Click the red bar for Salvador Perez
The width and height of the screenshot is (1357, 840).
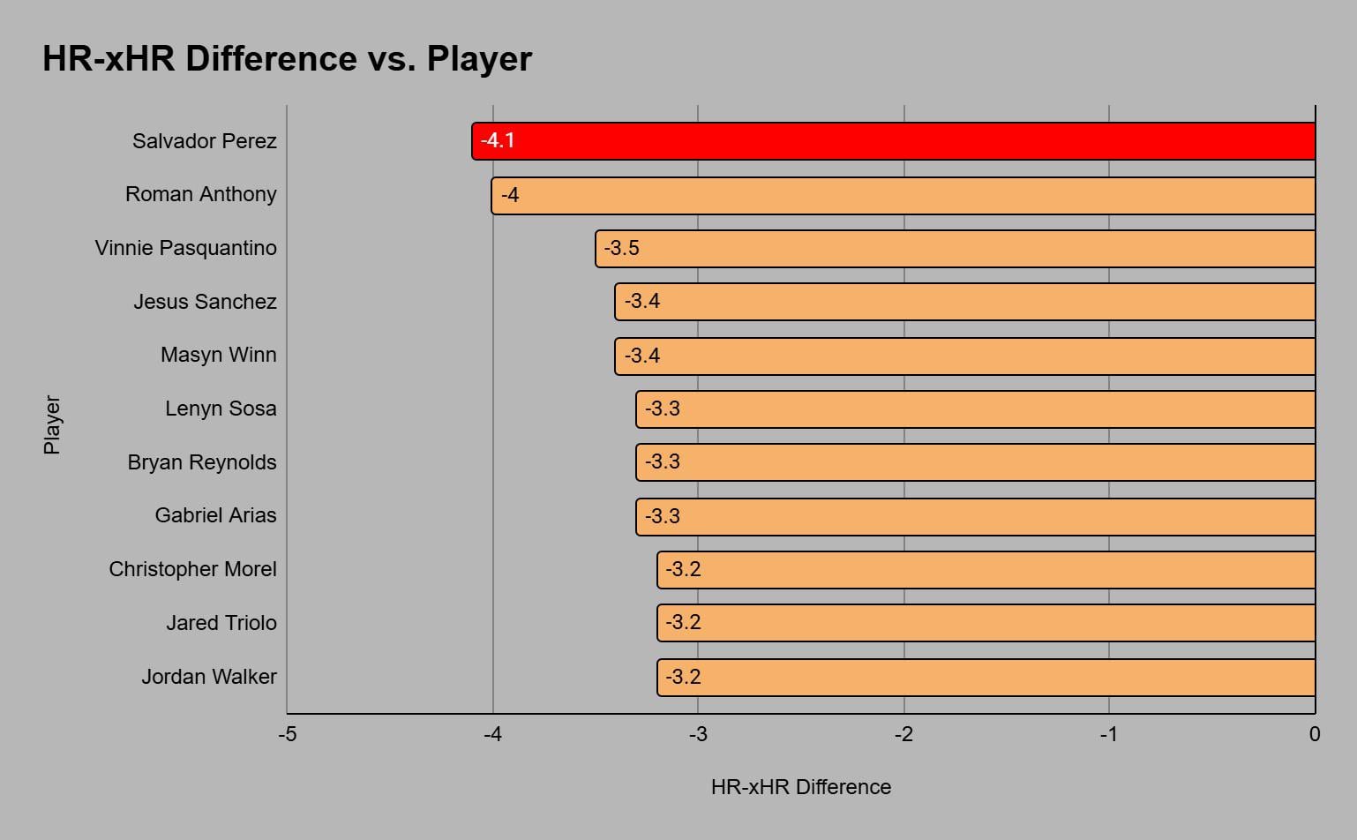point(893,141)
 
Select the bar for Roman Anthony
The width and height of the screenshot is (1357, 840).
point(903,196)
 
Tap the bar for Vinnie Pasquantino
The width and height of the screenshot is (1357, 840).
point(955,249)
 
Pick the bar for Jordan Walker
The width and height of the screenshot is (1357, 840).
point(986,678)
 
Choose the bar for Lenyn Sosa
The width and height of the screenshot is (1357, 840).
point(975,409)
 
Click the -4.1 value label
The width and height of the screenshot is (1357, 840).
point(498,140)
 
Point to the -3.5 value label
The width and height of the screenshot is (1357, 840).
point(621,248)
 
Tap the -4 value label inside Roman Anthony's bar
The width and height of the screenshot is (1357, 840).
point(510,195)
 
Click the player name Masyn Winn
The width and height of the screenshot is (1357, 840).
point(218,355)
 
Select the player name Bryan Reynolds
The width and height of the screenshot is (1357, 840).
point(201,462)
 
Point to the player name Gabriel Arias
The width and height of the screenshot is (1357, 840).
point(215,515)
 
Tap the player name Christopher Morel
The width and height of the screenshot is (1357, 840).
point(192,569)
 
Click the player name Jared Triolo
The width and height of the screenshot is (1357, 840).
point(221,623)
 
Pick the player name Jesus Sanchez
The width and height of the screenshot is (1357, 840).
point(205,302)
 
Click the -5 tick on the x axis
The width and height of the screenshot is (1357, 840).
point(288,734)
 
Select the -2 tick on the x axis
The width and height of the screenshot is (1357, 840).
point(903,734)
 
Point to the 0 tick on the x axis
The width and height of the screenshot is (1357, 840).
point(1315,734)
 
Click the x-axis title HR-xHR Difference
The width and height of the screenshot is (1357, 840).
point(800,787)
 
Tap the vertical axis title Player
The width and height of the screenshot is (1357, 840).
point(52,424)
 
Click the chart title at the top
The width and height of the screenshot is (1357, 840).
point(287,59)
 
